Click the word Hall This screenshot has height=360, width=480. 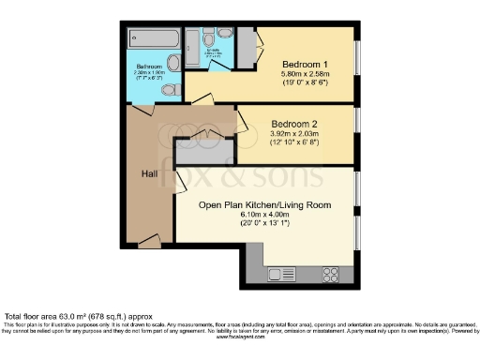149,173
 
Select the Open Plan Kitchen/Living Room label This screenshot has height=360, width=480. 265,202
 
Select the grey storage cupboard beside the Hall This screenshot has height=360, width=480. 196,152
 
